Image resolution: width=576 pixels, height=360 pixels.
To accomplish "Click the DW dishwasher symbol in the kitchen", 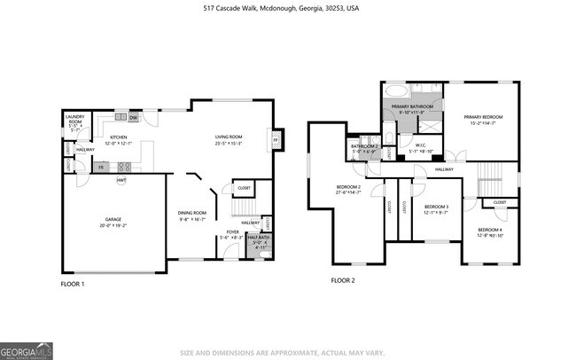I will click(x=133, y=118).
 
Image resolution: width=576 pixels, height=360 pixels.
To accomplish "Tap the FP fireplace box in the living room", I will click(x=275, y=141).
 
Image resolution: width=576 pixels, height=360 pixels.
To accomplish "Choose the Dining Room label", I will click(x=192, y=213).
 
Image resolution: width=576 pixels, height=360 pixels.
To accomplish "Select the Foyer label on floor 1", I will click(x=232, y=234).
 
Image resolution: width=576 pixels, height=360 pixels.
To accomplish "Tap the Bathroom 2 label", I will click(x=363, y=147).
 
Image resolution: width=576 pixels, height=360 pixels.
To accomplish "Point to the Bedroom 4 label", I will click(x=489, y=231).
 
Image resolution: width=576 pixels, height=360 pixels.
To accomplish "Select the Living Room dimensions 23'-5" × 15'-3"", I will click(x=228, y=143).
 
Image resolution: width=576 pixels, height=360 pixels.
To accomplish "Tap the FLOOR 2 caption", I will click(x=342, y=280).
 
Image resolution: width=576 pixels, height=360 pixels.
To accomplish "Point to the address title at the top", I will click(x=288, y=7).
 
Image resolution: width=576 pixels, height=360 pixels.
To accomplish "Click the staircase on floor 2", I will click(x=490, y=176).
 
